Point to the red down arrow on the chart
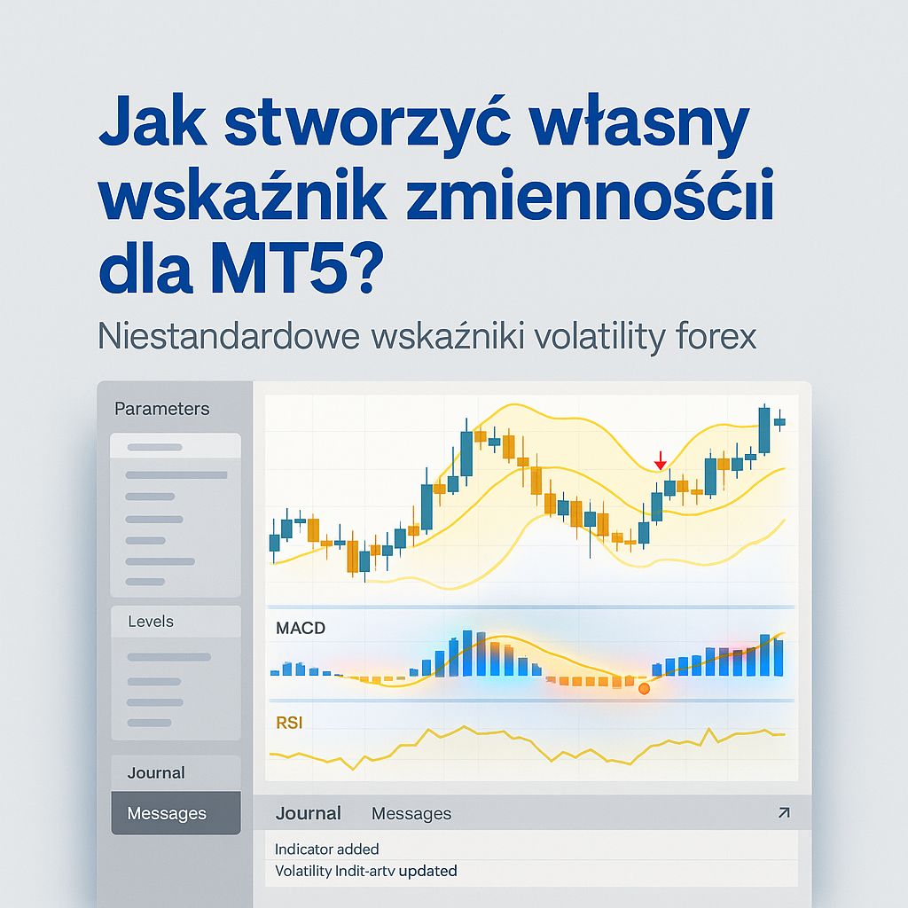[x=660, y=461]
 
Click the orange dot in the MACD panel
[x=644, y=688]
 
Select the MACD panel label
[x=301, y=629]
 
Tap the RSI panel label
[x=289, y=723]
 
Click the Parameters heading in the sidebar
[x=162, y=409]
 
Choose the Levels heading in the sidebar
[x=151, y=622]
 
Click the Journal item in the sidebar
[x=156, y=772]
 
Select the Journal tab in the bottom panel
[x=308, y=813]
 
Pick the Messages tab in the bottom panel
[x=411, y=813]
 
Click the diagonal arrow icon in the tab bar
[x=783, y=813]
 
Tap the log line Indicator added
[x=327, y=849]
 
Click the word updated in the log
[x=427, y=871]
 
